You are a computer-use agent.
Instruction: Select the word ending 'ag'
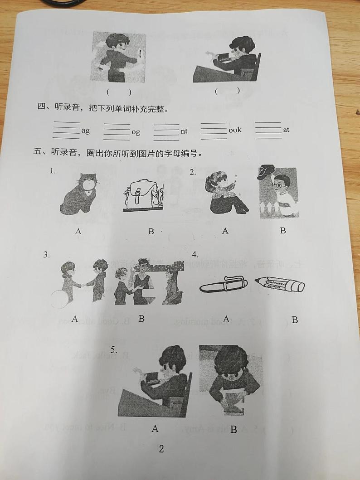point(85,131)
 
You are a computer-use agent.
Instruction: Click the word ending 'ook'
point(235,130)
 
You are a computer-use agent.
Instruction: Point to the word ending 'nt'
point(184,131)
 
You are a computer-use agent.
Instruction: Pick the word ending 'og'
point(136,132)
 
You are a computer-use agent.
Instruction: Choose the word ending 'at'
point(286,130)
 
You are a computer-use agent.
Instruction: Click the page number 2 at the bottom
point(161,449)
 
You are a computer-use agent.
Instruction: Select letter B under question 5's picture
point(234,429)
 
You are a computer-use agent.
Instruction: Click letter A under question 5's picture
point(155,428)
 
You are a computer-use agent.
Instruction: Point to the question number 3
point(46,255)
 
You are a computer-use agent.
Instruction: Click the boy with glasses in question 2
point(277,193)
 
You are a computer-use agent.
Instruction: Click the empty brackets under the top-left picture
point(119,92)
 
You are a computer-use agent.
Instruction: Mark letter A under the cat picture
point(78,231)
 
